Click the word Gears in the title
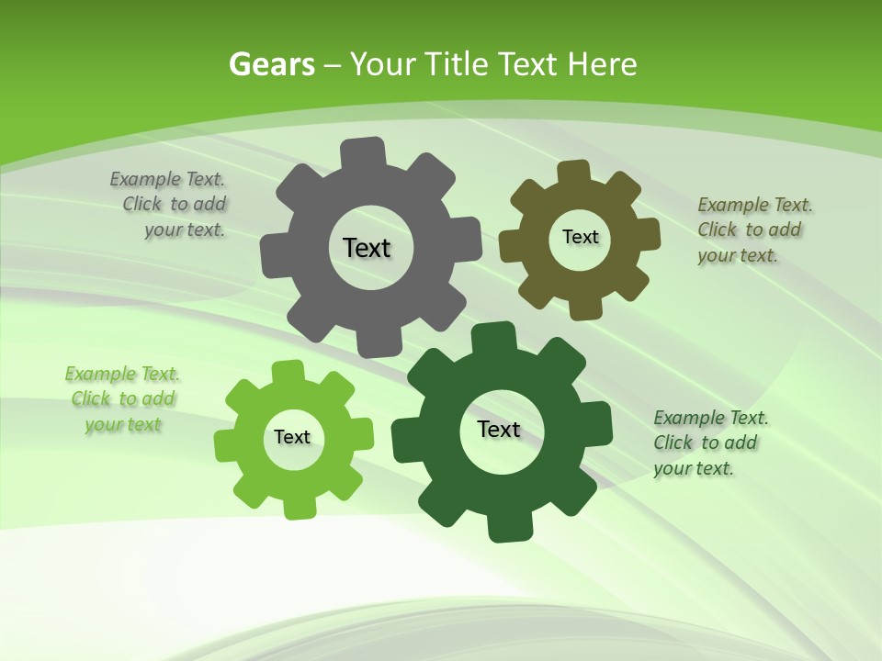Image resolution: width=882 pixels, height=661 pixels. click(x=271, y=64)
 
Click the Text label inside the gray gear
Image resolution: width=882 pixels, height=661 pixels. click(x=367, y=248)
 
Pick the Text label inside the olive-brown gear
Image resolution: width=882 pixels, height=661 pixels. click(x=580, y=237)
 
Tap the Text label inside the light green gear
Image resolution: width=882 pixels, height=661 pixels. click(x=292, y=438)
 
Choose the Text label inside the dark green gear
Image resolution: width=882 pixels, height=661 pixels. click(x=499, y=430)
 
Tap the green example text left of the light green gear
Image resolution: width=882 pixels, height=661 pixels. click(x=123, y=399)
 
